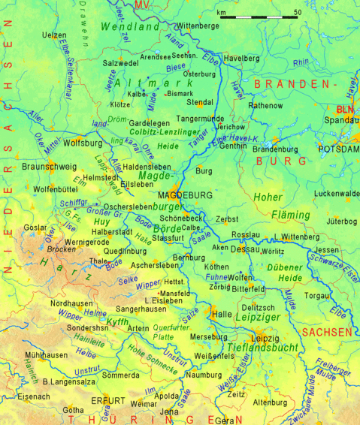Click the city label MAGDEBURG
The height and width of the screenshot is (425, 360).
pyautogui.click(x=186, y=195)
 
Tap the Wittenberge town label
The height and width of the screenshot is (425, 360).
pyautogui.click(x=197, y=26)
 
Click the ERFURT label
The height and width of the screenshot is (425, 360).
pyautogui.click(x=107, y=401)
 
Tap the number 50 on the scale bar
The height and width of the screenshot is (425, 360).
pyautogui.click(x=298, y=13)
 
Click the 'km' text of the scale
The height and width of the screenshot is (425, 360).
pyautogui.click(x=221, y=13)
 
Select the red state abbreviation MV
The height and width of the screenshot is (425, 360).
pyautogui.click(x=143, y=6)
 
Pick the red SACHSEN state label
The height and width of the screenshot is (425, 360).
pyautogui.click(x=327, y=332)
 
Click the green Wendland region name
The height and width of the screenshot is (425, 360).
pyautogui.click(x=129, y=27)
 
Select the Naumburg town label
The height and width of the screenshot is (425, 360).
pyautogui.click(x=204, y=374)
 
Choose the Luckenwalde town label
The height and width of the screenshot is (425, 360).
pyautogui.click(x=337, y=194)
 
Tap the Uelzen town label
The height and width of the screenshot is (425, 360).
pyautogui.click(x=53, y=35)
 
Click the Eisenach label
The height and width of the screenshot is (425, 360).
pyautogui.click(x=34, y=396)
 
